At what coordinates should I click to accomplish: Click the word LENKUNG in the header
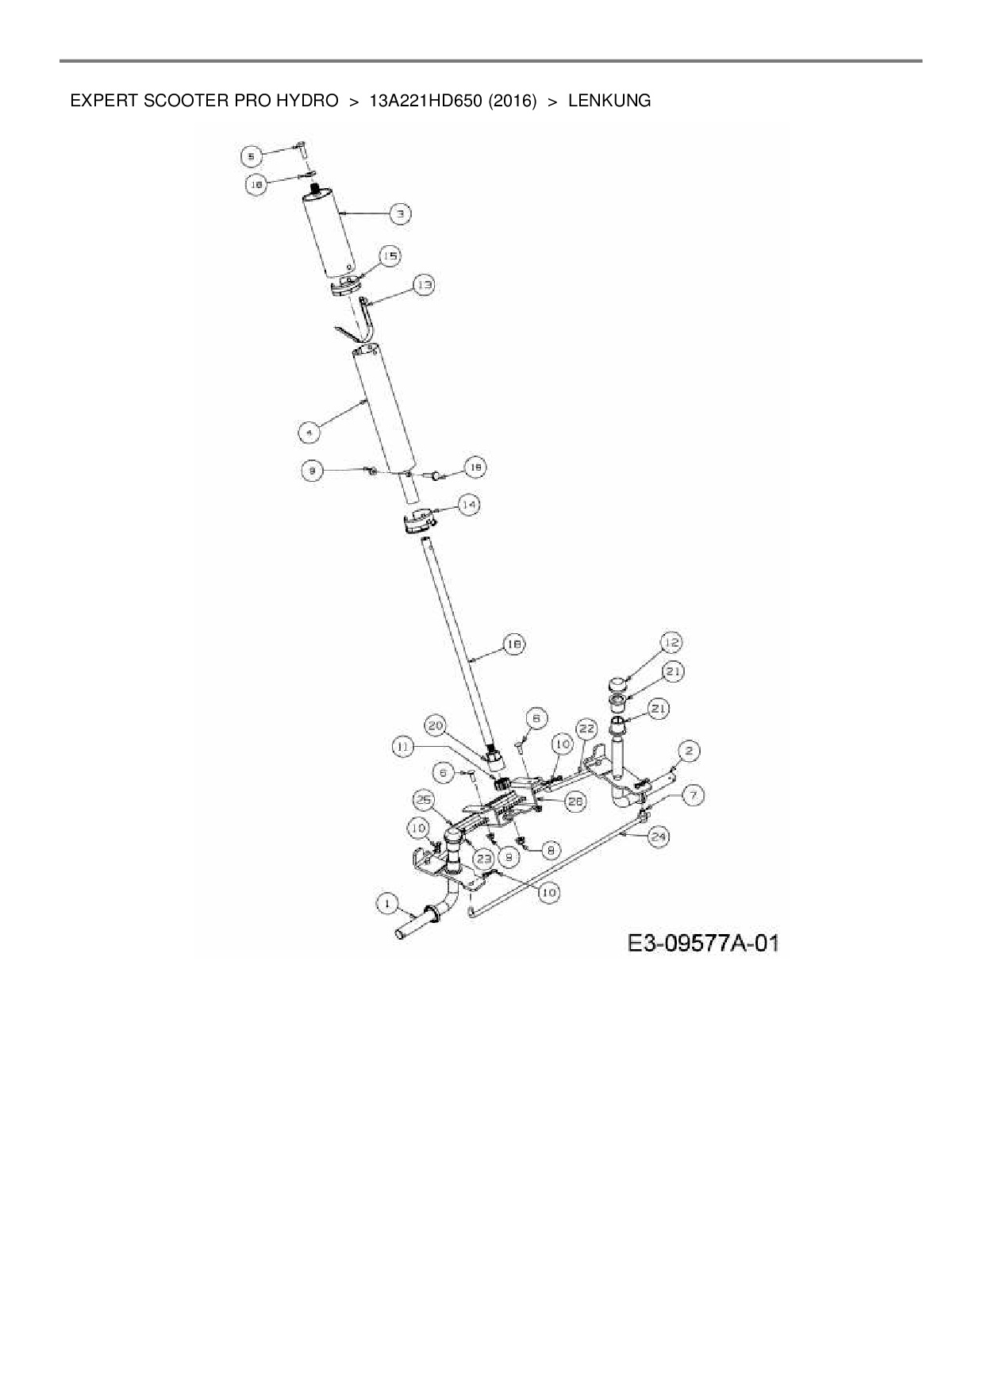pos(609,101)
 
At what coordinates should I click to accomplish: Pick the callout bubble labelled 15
pos(390,256)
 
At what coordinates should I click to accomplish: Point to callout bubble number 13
pos(425,285)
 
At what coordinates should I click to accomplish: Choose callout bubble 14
pos(470,504)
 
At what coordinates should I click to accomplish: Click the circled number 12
pos(671,642)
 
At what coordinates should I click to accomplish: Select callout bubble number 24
pos(657,836)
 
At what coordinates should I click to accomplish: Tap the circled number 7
pos(693,794)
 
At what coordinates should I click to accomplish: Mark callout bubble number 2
pos(689,750)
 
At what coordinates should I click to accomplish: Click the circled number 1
pos(387,902)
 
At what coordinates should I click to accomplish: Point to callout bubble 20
pos(436,725)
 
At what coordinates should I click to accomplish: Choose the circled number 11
pos(403,747)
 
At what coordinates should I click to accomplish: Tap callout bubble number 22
pos(586,728)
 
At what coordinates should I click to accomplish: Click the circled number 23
pos(483,858)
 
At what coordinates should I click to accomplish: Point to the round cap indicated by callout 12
pos(619,683)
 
